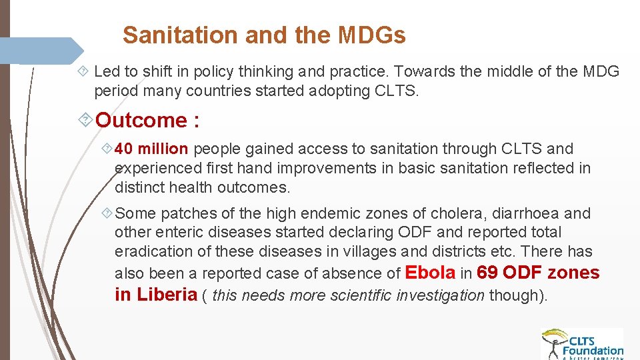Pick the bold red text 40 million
tap(151, 149)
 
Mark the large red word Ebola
tap(430, 273)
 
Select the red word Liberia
tap(167, 295)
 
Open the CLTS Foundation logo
tap(582, 343)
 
